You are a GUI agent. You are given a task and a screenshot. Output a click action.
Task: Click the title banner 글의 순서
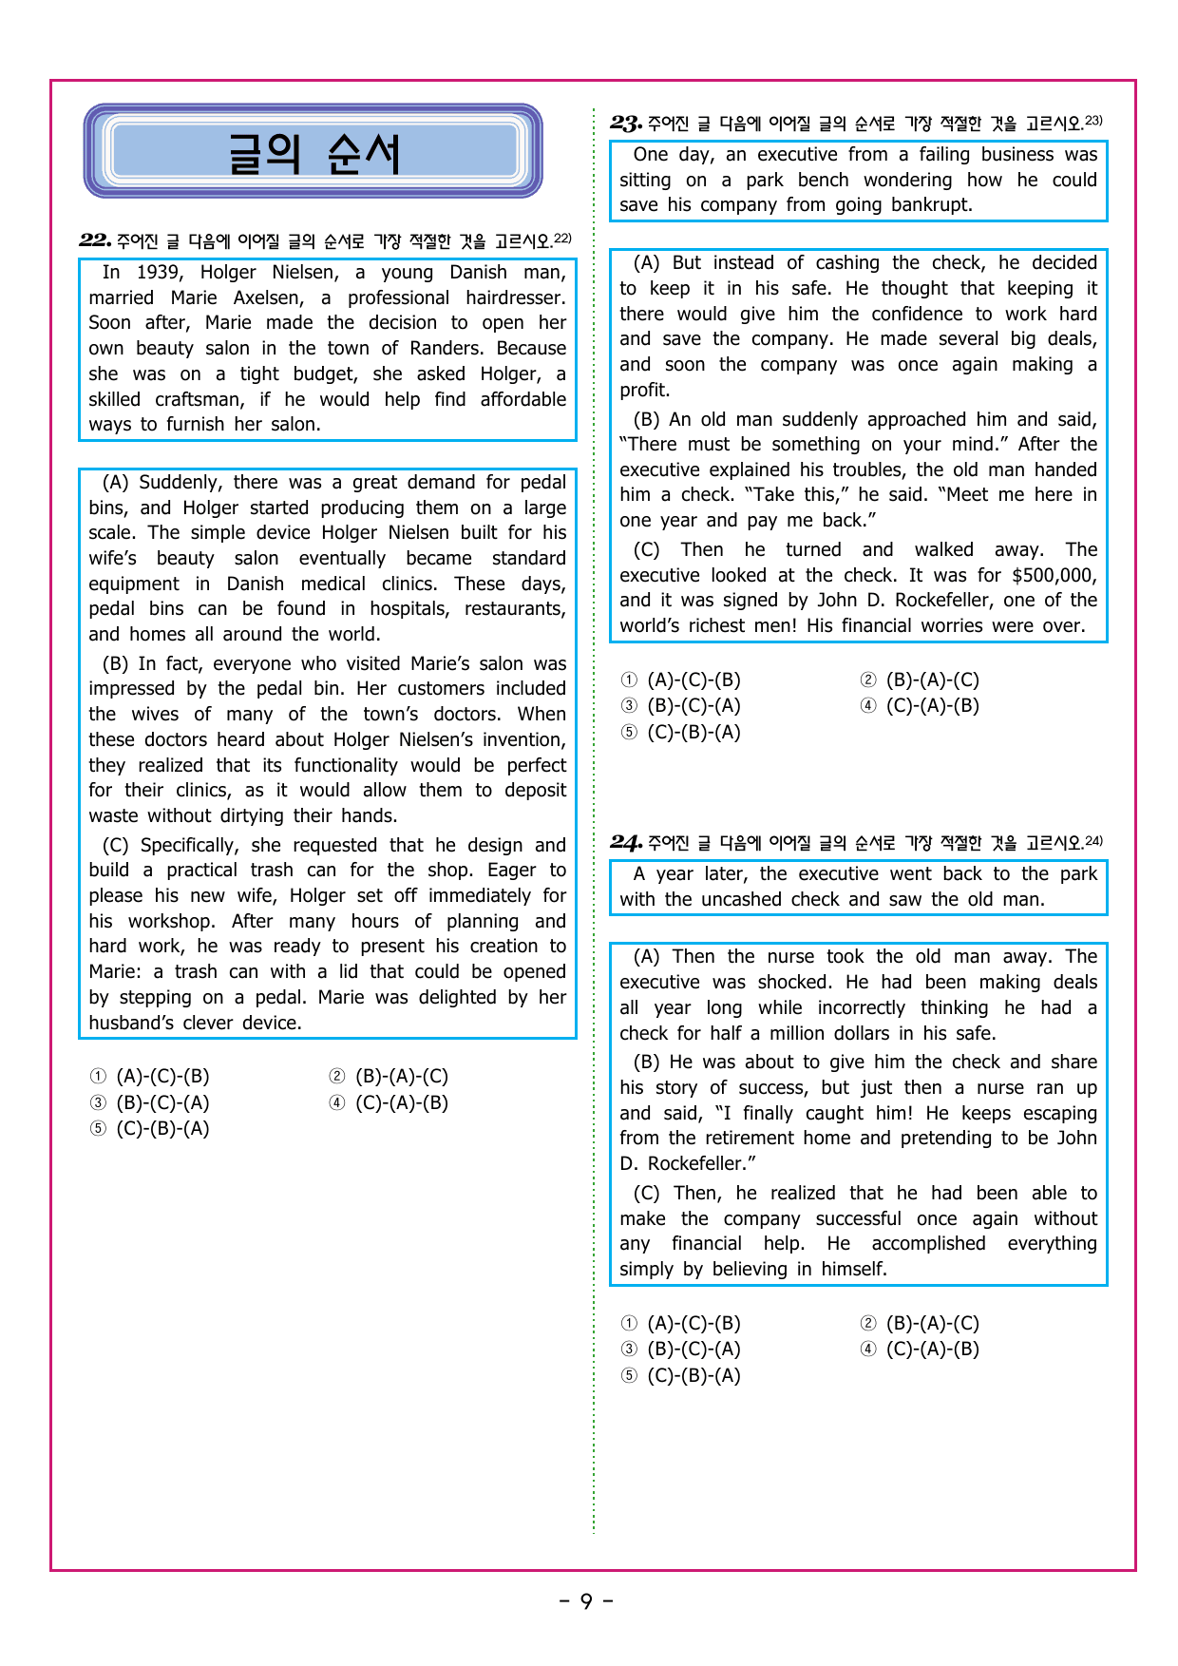pos(313,152)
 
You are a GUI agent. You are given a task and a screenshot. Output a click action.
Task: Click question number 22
pos(95,240)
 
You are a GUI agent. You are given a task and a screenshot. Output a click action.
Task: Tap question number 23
pos(626,123)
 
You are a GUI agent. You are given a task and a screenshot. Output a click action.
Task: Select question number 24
pos(626,842)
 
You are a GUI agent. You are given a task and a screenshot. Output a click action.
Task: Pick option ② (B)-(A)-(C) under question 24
pos(921,1323)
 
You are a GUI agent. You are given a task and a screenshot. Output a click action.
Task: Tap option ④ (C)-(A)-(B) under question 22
pos(389,1102)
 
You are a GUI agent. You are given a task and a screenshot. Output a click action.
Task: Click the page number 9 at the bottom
pos(586,1601)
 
